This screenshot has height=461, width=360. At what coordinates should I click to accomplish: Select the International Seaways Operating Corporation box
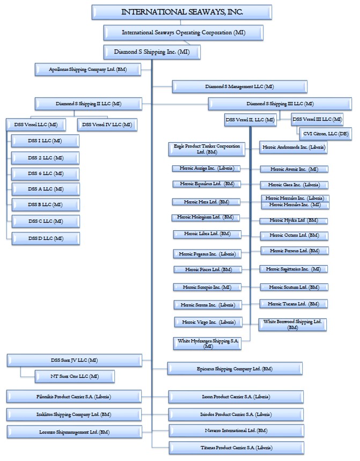coord(183,33)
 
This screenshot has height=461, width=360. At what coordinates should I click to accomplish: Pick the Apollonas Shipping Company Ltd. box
coord(87,69)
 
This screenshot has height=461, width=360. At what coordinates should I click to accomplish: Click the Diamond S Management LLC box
coord(239,86)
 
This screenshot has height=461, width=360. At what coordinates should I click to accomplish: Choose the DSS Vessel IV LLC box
coord(106,125)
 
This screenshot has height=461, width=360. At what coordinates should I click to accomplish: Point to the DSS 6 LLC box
coord(45,173)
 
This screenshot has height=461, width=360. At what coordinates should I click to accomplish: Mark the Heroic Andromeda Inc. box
coord(293,147)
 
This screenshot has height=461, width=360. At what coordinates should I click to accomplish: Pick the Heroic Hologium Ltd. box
coord(205,217)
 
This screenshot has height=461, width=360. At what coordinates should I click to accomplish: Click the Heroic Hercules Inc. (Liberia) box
coord(295,198)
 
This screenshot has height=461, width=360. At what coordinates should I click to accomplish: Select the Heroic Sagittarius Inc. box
coord(295,268)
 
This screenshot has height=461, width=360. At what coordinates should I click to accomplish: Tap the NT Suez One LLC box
coord(75,376)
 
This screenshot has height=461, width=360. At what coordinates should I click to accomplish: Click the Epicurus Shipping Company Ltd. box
coord(234,369)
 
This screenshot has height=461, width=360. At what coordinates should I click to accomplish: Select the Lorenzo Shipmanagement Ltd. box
coord(75,431)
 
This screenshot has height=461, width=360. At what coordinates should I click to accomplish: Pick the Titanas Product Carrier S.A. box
coord(236,447)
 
